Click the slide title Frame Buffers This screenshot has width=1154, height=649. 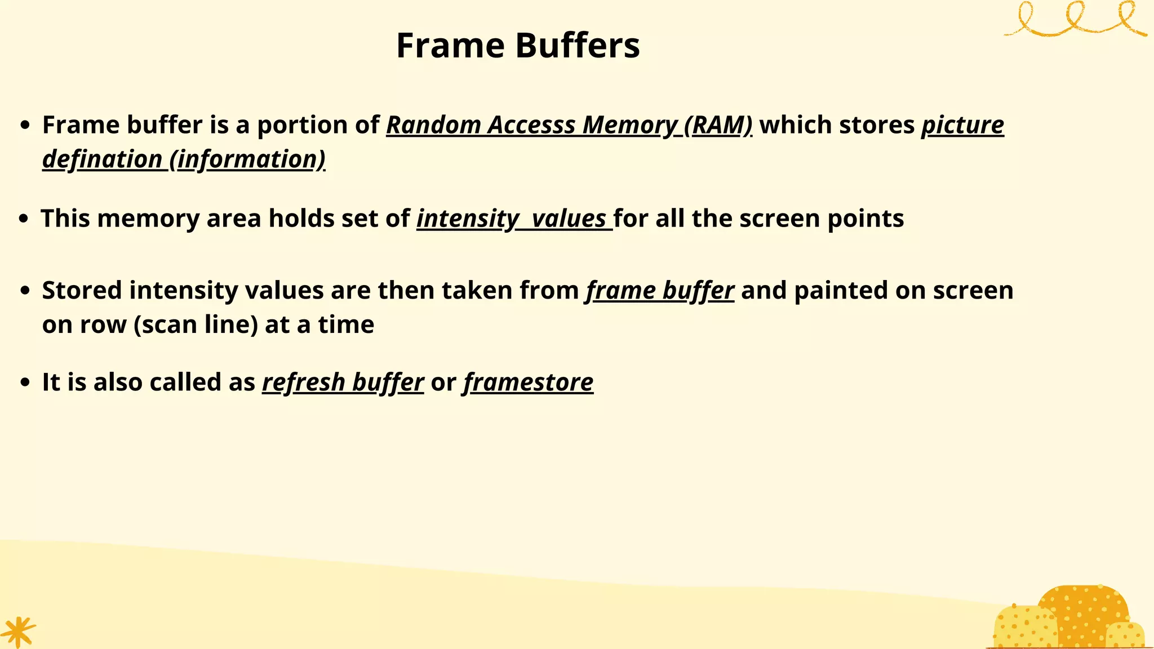pos(518,45)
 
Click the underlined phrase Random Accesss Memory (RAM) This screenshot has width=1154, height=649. pos(569,125)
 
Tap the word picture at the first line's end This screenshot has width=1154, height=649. pos(962,125)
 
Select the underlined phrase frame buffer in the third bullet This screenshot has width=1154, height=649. pos(660,291)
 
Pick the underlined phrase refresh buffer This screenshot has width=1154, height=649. pos(343,383)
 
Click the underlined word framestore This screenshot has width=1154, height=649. pos(529,383)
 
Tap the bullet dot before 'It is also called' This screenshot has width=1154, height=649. pos(24,383)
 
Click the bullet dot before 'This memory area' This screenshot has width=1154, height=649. pos(23,219)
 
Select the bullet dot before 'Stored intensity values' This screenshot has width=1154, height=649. pos(24,291)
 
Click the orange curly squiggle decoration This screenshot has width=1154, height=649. pos(1075,20)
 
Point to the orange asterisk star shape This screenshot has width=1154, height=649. pos(18,631)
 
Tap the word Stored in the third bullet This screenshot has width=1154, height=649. pos(82,291)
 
